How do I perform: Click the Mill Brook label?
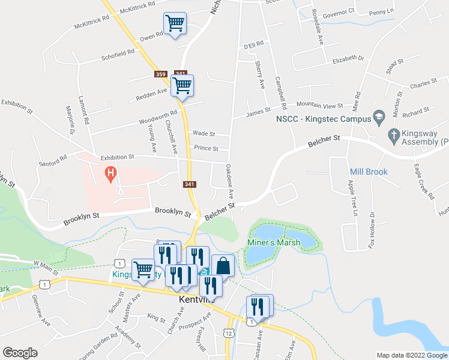(x=369, y=172)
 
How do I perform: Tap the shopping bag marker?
(x=223, y=265)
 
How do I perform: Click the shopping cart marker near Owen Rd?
(x=175, y=24)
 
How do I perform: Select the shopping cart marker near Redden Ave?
(x=182, y=85)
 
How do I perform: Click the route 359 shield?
(x=160, y=74)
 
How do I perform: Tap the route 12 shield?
(x=229, y=333)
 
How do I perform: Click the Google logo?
(x=20, y=353)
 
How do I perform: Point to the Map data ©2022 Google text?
(x=411, y=355)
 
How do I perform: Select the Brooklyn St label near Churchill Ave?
(x=173, y=211)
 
